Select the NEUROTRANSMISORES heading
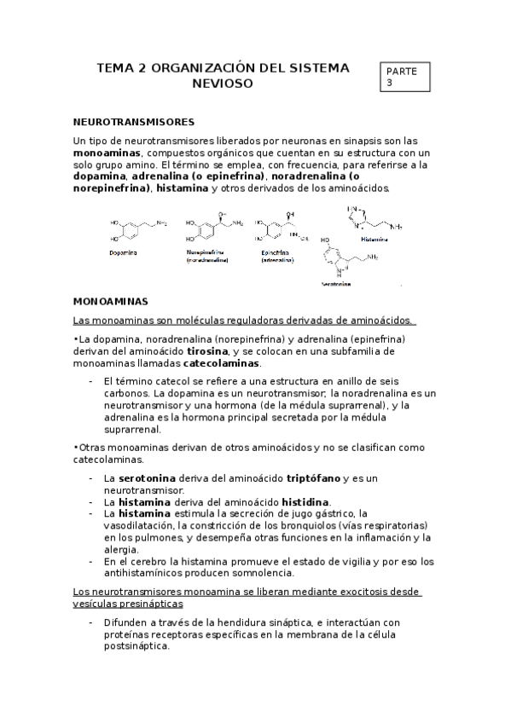(x=135, y=122)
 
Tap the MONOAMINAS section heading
(x=112, y=302)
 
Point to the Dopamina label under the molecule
(x=125, y=253)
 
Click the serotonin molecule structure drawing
(x=351, y=259)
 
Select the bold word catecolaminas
(x=221, y=363)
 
